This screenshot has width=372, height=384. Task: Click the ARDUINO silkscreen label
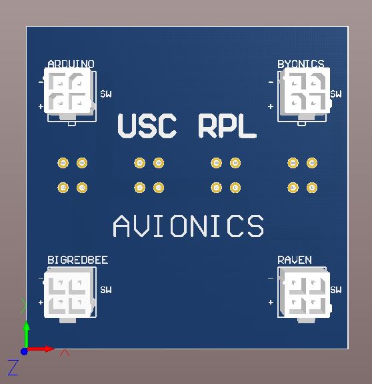(71, 64)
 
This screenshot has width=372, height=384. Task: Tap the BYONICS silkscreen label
(301, 64)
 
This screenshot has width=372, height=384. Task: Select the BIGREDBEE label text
(78, 260)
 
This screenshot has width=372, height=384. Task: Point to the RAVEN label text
(295, 260)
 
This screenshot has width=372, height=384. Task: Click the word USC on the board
(147, 126)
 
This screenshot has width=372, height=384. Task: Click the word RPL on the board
(227, 126)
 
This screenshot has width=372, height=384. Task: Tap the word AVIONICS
(189, 226)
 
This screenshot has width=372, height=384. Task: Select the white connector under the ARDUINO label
(69, 93)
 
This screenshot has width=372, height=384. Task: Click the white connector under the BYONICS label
(306, 93)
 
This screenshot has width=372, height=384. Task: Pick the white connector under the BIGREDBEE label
(69, 295)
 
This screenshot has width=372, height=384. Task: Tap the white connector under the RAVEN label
(306, 295)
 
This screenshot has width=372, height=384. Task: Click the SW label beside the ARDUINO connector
(106, 94)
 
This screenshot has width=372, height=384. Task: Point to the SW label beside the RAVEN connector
(336, 290)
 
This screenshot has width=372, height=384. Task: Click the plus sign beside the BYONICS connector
(271, 107)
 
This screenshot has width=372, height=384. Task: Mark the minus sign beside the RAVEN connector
(271, 278)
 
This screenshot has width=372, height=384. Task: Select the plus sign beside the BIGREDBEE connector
(41, 303)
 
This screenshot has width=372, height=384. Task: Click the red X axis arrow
(40, 349)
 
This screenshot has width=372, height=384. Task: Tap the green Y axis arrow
(26, 335)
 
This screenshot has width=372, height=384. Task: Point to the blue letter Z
(13, 367)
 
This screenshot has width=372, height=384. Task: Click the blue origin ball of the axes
(24, 352)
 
